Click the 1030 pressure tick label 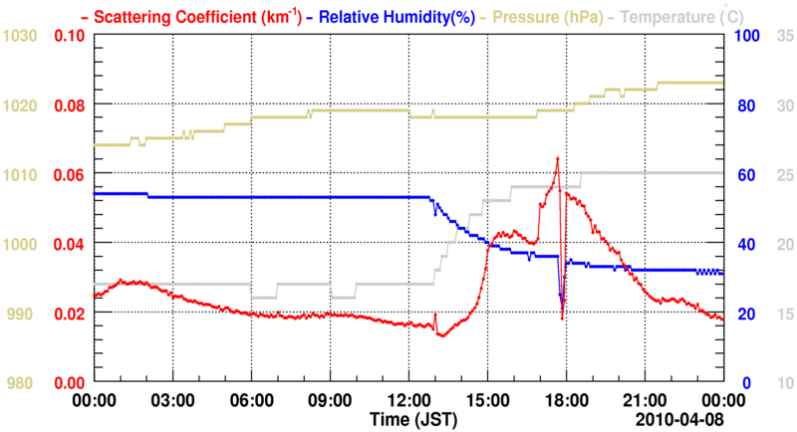point(20,36)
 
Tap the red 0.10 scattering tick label point(69,36)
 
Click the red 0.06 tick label point(69,174)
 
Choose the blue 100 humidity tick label point(746,36)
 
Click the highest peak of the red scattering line point(557,157)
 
